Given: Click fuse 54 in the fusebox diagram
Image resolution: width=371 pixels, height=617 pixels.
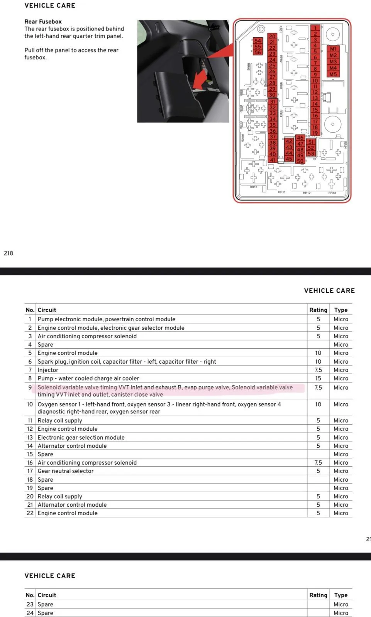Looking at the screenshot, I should pos(257,41).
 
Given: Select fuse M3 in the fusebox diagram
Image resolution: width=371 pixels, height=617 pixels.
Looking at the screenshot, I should pos(333,62).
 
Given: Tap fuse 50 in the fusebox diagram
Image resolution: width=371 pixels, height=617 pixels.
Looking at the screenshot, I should pos(300,161).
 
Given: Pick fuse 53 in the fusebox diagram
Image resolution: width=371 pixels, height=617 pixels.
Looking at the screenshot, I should pos(311,153).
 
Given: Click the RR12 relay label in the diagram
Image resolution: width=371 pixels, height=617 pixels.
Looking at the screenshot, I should pos(307,193).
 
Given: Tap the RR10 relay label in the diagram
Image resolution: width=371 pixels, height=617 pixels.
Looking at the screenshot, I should pos(253,187).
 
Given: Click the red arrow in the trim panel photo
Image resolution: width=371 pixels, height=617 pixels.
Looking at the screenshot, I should pos(200,79).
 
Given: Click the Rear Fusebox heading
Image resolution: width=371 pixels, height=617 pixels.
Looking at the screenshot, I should pos(43,22).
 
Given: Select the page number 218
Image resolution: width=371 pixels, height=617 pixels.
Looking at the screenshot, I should pos(8,253).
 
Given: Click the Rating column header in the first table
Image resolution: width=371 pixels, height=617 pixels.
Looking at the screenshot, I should pos(318,310).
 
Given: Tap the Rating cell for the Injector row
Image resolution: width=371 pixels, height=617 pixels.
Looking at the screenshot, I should pos(318,370).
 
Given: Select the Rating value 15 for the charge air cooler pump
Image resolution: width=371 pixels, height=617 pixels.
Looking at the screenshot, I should pos(318,378).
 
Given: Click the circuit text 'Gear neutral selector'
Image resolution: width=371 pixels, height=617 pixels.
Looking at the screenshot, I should pos(66,471).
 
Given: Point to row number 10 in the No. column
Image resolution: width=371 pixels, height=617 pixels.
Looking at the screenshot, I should pos(30,404).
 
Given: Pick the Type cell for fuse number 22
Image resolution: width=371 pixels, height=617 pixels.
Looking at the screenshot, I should pos(341,513).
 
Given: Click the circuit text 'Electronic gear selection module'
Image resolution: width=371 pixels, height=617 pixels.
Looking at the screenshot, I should pos(81,437).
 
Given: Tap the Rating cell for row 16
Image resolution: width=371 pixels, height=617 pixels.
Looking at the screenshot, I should pos(318,462).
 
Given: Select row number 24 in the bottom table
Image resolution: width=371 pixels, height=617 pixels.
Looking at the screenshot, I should pos(30,613).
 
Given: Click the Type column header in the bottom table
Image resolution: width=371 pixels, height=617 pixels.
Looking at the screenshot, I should pos(341,595).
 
